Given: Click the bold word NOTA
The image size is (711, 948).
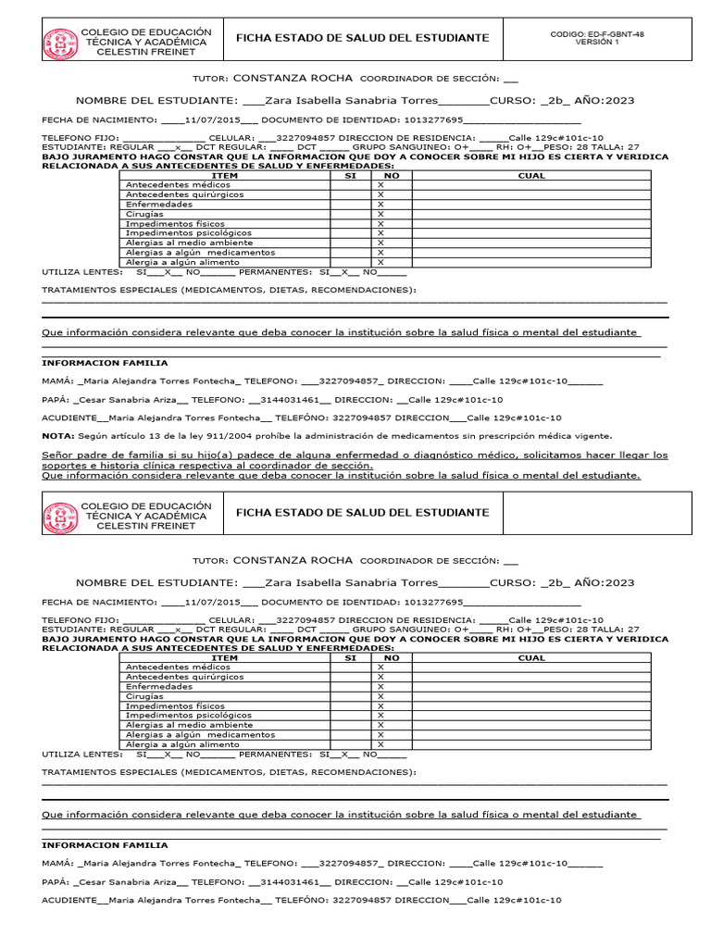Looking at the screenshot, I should coord(57,435).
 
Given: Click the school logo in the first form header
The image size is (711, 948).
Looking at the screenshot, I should coord(61,43).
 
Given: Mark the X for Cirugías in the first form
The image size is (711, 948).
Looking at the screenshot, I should coord(380,214).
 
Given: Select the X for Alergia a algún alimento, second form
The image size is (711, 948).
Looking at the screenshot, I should coord(380,744).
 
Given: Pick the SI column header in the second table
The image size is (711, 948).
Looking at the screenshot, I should coord(350,657).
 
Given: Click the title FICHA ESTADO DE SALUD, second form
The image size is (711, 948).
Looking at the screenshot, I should coord(363,512).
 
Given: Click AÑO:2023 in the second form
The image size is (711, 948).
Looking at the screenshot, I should coord(604,582).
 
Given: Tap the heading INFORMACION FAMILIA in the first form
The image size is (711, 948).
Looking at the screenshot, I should coord(105,363).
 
